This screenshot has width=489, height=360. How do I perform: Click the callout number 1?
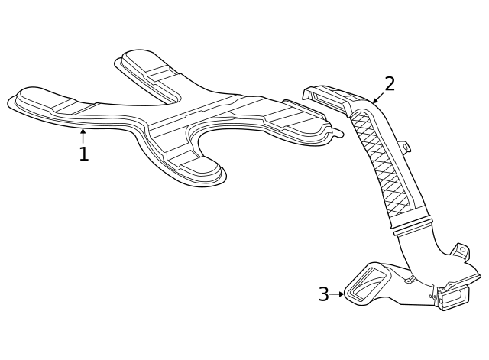(83, 154)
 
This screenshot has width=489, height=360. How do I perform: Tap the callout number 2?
(390, 84)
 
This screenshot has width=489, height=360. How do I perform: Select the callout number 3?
(323, 294)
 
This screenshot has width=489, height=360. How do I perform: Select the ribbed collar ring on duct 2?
(412, 226)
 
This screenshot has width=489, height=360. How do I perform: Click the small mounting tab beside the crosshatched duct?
(404, 146)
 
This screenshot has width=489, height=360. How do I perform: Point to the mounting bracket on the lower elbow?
(461, 251)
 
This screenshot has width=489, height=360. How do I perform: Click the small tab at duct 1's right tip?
(336, 132)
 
